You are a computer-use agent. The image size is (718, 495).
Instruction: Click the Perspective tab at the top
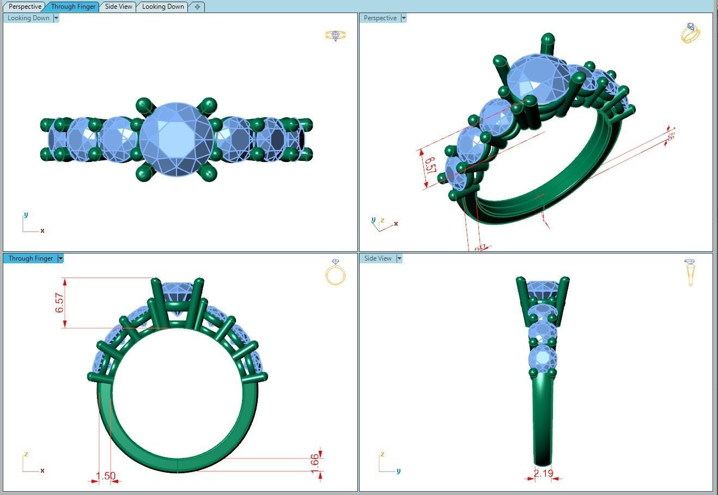tap(25, 7)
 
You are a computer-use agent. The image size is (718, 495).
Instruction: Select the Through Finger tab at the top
tap(73, 7)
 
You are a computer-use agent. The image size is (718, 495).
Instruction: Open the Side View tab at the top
tap(118, 7)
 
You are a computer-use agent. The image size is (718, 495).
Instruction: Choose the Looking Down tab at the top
tap(163, 7)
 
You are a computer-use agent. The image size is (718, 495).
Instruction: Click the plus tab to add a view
tap(197, 7)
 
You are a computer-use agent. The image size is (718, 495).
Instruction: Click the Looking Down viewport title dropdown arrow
tap(56, 18)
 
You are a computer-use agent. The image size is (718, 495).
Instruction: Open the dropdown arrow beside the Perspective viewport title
tap(404, 18)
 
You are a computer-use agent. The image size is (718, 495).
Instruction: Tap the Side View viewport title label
tap(378, 258)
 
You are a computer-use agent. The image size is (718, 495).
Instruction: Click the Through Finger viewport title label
tap(31, 258)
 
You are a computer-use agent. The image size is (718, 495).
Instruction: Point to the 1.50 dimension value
tap(105, 476)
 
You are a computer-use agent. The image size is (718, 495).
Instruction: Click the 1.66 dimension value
tap(314, 461)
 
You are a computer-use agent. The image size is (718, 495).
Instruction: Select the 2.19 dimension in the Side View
tap(543, 473)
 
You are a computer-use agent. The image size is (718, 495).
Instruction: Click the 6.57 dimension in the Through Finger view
tap(59, 303)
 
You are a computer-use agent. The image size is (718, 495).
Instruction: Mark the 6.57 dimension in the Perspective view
tap(430, 166)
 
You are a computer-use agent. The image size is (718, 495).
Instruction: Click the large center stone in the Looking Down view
tap(176, 140)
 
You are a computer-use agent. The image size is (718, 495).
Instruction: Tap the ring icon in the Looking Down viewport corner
tap(336, 35)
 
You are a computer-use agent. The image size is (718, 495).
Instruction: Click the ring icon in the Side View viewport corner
tap(690, 271)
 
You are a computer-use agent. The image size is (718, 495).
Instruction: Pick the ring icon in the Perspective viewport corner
tap(690, 33)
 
